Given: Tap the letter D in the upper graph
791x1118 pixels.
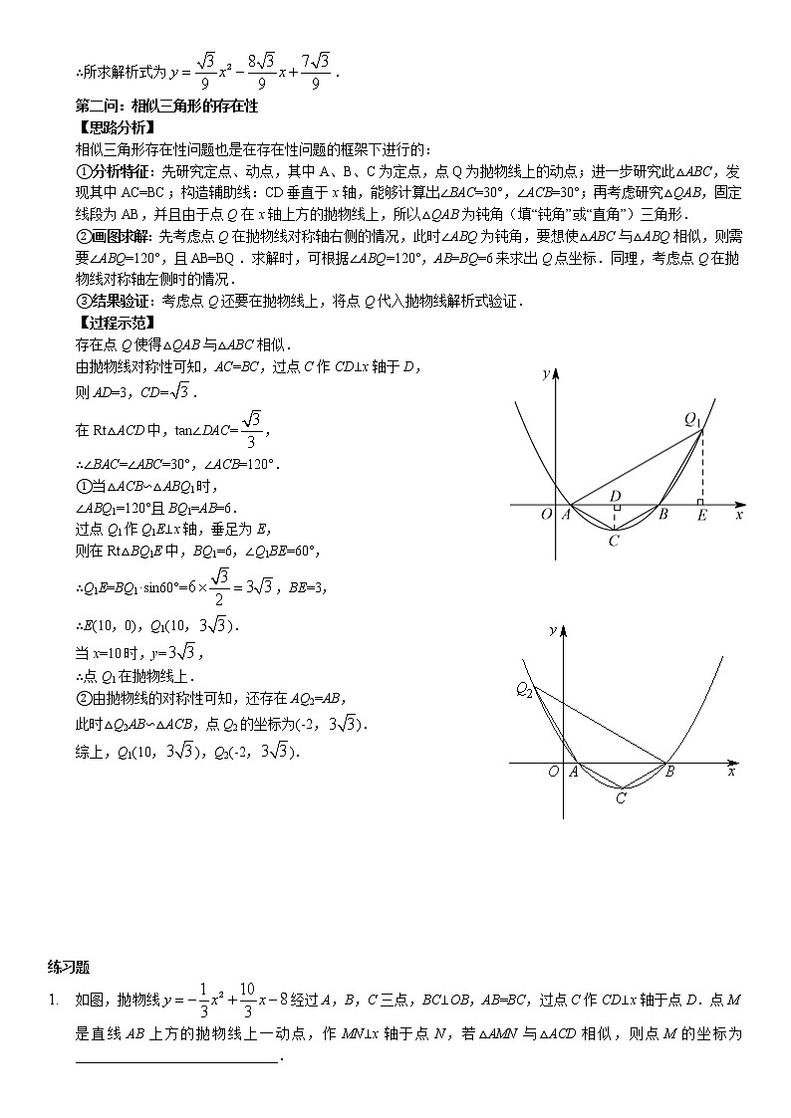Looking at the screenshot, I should pos(615,496).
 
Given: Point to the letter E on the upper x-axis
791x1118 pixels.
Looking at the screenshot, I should pos(701,518).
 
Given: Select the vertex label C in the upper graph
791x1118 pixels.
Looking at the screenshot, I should pos(614,541).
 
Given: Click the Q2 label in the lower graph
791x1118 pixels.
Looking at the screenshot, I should pos(524,689).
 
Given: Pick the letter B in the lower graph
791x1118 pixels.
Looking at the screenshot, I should pos(669,772).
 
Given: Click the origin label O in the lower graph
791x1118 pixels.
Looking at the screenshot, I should pos(553,772).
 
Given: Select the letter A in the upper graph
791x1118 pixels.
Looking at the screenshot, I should pos(565,516).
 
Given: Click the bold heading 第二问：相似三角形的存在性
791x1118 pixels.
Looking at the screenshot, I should pos(166,106).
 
